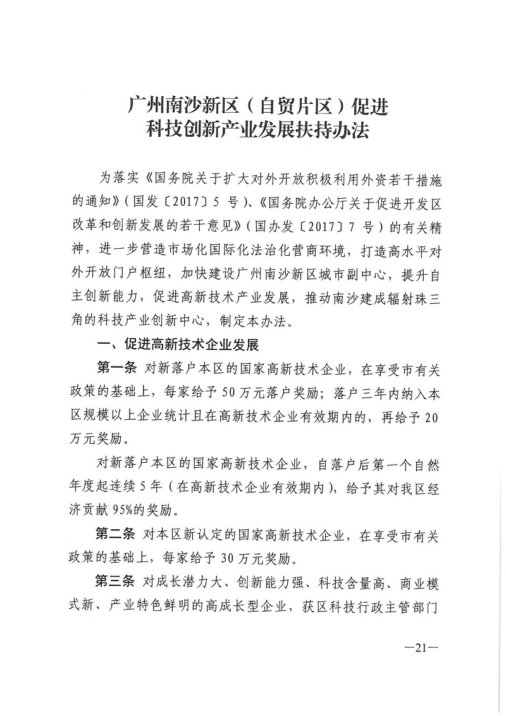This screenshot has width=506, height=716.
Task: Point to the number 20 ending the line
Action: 431,413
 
